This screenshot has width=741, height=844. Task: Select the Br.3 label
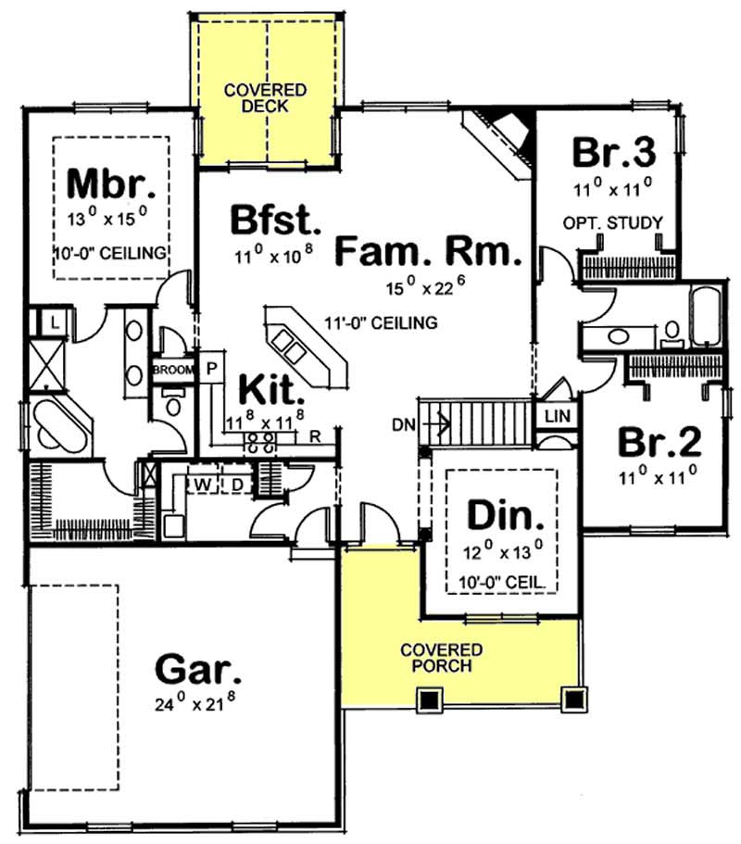tap(613, 151)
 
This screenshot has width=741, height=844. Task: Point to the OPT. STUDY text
tap(613, 222)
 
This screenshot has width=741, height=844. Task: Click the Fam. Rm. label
tap(428, 251)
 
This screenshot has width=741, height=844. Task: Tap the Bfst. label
tap(276, 222)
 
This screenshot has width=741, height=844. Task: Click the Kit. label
tap(272, 389)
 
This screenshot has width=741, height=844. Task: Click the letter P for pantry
tap(211, 366)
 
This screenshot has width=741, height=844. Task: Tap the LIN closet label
tap(558, 417)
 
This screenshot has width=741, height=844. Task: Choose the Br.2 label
tap(659, 443)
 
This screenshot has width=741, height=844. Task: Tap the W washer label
tap(200, 484)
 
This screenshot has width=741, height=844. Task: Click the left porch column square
tap(428, 700)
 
